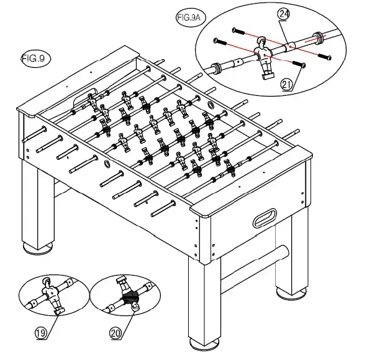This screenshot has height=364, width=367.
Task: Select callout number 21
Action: click(x=287, y=86)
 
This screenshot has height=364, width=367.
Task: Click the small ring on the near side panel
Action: click(x=107, y=165)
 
